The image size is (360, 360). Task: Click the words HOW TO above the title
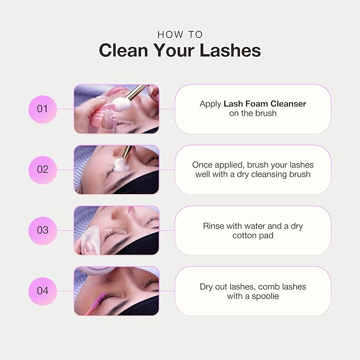click(x=180, y=34)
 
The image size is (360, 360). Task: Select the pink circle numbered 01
click(x=42, y=109)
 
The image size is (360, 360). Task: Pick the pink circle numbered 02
click(x=42, y=170)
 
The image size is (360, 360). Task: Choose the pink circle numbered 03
click(x=42, y=230)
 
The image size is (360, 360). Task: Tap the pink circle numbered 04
click(x=42, y=291)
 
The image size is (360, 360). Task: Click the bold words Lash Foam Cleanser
click(x=265, y=104)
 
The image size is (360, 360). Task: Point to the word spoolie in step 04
click(x=266, y=296)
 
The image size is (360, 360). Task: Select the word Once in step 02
click(x=202, y=165)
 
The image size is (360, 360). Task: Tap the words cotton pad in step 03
click(x=253, y=235)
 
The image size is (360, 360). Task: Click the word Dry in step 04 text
click(x=207, y=287)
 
